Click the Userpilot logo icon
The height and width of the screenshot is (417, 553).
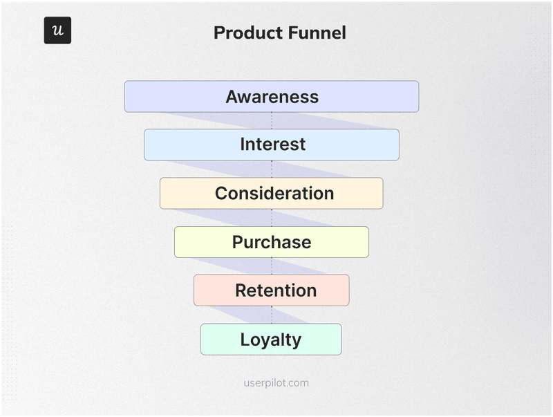57,30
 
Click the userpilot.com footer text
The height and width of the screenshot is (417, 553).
276,382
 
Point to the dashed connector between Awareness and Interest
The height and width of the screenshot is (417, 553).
272,120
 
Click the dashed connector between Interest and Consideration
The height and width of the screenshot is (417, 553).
272,169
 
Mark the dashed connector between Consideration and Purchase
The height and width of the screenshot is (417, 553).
272,218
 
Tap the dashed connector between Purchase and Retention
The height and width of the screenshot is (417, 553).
272,266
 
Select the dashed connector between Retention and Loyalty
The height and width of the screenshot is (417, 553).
272,315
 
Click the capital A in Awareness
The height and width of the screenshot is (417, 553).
232,97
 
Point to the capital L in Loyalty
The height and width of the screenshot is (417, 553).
245,340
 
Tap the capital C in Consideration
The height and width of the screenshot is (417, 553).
222,194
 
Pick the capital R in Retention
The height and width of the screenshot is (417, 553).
241,291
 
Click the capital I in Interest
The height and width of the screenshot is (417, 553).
243,145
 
